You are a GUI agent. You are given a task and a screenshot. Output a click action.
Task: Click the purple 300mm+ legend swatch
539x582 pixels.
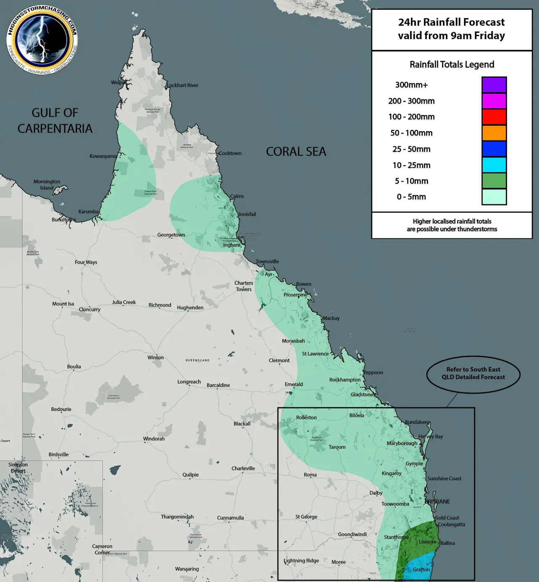pos(494,85)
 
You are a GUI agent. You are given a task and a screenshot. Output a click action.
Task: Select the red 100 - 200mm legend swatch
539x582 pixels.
pos(494,117)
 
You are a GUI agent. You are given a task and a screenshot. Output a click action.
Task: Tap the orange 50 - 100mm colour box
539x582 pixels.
pos(494,133)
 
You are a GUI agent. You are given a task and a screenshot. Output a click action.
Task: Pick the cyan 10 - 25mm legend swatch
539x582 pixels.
pos(494,165)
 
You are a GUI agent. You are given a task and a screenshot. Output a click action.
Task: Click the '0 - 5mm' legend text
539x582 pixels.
pos(411,197)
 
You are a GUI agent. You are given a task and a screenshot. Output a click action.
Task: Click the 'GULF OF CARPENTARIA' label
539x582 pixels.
pos(55,121)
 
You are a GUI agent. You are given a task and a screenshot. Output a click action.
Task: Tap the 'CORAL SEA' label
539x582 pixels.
pos(296,152)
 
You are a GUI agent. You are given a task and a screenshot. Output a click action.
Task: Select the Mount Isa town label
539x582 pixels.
pos(63,304)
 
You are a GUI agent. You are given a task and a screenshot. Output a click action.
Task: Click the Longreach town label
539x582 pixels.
pos(189,382)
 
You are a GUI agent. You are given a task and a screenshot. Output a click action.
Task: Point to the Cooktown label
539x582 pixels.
pos(230,153)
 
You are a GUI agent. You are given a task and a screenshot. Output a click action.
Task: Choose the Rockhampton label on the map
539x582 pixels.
pos(344,380)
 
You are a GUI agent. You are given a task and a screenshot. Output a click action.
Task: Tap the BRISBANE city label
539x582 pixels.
pos(437,502)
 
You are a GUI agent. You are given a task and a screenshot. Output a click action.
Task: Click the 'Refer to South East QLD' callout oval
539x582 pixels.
pos(473,373)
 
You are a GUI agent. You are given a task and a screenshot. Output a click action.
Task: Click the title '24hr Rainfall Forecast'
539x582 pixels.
pos(451,22)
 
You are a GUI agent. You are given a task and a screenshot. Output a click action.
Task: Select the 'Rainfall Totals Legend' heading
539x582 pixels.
pos(452,64)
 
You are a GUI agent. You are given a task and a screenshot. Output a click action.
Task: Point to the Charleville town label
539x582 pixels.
pos(243,468)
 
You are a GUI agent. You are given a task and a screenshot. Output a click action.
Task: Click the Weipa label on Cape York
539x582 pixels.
pos(117,82)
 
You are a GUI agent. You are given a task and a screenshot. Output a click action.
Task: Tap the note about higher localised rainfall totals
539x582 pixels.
pos(452,225)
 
